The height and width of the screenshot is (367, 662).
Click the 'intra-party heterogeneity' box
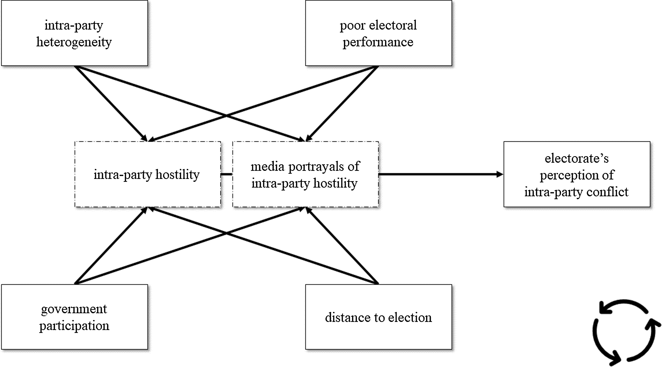pos(74,33)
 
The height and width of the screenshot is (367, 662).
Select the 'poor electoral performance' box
pos(378,33)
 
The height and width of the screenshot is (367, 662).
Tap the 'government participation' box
pos(74,317)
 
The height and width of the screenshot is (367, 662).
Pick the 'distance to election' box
pos(378,317)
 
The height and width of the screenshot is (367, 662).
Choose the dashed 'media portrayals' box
pos(305,174)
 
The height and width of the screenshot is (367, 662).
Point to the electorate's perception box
pos(577,174)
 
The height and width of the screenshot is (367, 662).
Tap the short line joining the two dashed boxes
pos(226,174)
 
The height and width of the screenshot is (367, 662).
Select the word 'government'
pos(74,309)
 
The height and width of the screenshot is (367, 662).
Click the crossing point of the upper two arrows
pos(226,116)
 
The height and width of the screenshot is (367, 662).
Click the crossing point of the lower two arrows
pos(226,233)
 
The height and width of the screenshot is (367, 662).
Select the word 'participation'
pos(74,326)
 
